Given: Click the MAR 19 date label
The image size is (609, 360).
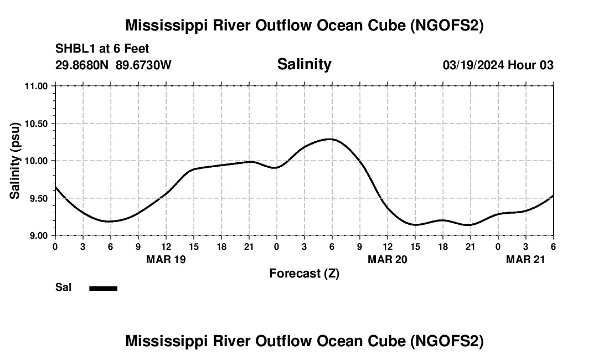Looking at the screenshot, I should pos(166,259).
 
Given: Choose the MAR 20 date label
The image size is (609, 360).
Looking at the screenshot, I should pos(387,259).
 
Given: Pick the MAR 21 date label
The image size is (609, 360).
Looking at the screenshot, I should pos(525,259).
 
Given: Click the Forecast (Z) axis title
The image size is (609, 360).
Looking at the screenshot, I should pos(304,273).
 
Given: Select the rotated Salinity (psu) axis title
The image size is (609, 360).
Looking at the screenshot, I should pos(16,161).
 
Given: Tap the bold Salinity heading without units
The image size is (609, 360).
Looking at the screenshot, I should pos(304,64).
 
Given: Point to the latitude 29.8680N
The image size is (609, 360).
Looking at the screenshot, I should pos(82,65).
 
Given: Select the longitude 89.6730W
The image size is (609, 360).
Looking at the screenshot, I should pos(144,65).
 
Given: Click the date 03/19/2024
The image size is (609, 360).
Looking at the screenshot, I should pos(473,65).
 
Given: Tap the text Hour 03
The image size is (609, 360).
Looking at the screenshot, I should pos(531,65).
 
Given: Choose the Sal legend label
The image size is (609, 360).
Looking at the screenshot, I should pos(63,287).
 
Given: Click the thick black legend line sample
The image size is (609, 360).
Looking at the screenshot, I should pos(104,288).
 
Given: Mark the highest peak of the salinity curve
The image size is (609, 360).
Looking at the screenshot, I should pos(330,139).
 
